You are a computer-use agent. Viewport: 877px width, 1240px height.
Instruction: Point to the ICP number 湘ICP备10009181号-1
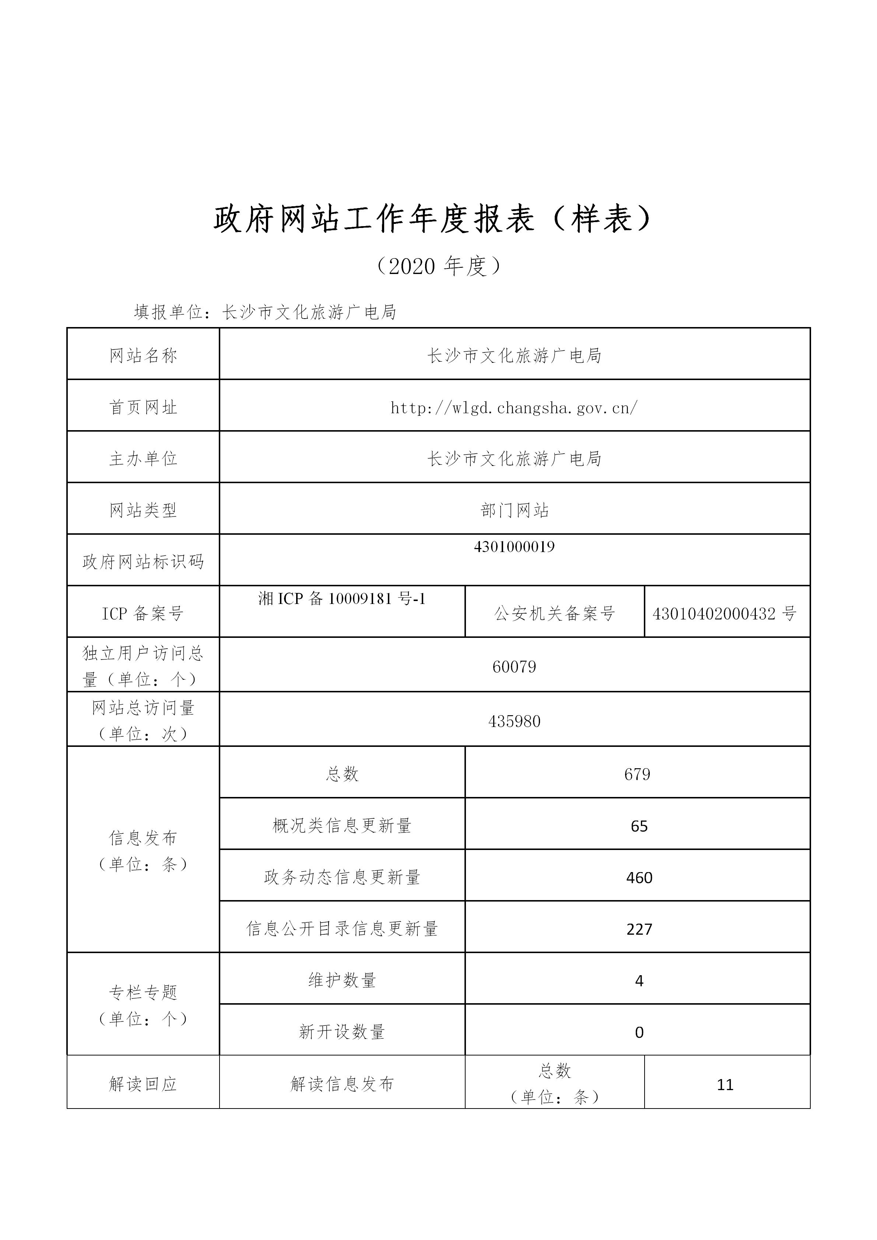(x=342, y=598)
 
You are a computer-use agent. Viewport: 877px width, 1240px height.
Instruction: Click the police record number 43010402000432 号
(x=724, y=614)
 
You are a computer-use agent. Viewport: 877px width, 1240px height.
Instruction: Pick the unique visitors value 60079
(x=514, y=667)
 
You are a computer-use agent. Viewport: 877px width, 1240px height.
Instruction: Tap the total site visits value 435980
(x=514, y=721)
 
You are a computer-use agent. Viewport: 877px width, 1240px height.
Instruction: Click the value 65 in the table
(x=639, y=826)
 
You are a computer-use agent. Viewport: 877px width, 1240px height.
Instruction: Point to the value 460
(x=639, y=878)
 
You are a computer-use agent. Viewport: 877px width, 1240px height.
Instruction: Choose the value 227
(x=639, y=930)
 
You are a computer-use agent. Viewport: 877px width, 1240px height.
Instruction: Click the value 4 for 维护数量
(x=639, y=981)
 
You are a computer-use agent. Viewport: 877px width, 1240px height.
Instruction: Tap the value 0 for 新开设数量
(x=639, y=1033)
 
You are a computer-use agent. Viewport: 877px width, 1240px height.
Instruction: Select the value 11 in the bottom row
(x=725, y=1085)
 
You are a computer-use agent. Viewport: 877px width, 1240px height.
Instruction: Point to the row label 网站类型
(x=143, y=510)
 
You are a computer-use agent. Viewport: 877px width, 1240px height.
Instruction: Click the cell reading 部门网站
(x=514, y=510)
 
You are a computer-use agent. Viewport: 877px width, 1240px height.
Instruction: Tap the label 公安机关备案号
(x=555, y=614)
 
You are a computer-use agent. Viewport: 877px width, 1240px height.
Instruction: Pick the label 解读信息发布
(x=342, y=1085)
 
